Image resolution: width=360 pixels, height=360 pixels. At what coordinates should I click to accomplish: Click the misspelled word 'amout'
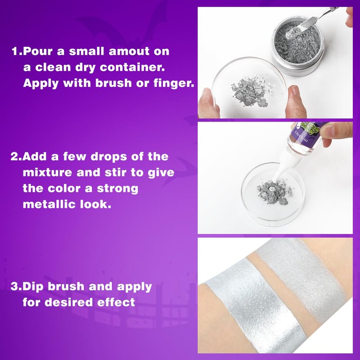(x=129, y=51)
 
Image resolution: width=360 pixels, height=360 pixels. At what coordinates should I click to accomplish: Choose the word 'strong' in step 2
(x=117, y=189)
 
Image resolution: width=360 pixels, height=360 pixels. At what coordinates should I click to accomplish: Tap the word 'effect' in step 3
(x=116, y=302)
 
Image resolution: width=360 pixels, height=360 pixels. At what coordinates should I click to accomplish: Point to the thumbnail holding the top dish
(x=294, y=90)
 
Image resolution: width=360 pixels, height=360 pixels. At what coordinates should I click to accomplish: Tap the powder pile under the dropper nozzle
(x=274, y=192)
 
